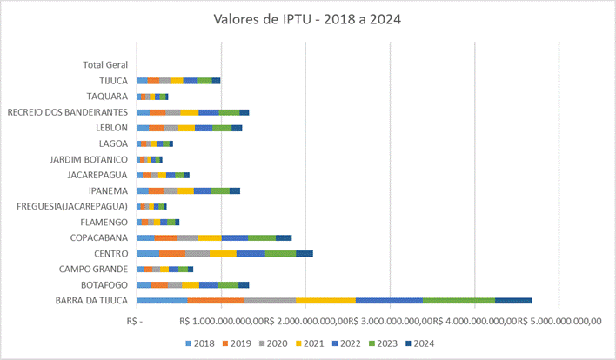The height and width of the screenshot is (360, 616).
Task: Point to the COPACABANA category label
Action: coord(100,237)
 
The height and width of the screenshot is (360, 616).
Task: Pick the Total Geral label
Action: coord(105,65)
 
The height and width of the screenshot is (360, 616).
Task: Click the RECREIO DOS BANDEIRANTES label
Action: coord(68,112)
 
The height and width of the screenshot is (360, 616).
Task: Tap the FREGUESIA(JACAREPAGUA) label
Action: coord(72,206)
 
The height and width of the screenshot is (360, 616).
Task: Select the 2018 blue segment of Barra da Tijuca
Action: coord(162,301)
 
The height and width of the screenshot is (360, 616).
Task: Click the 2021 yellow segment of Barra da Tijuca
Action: coord(325,301)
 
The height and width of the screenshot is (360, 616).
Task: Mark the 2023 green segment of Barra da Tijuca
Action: coord(459,301)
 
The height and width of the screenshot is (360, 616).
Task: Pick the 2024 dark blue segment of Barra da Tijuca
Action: coord(513,301)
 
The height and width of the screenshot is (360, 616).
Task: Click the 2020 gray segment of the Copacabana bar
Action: coord(187,237)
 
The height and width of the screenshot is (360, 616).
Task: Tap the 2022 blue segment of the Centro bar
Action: coord(251,253)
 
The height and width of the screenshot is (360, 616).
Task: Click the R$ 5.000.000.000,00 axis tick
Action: coord(560,320)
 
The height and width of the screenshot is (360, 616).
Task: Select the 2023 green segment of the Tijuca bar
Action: coord(204,81)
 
